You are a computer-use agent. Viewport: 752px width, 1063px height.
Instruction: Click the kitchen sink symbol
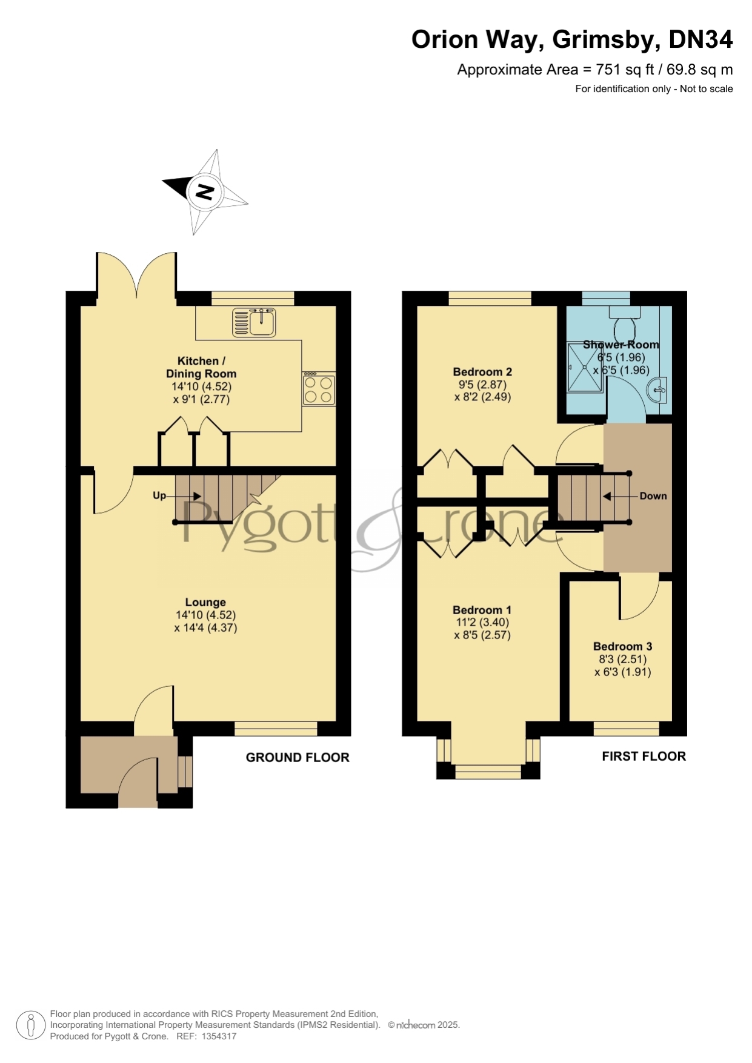click(x=254, y=322)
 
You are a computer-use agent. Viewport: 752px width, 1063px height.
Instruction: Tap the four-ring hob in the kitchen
click(x=318, y=389)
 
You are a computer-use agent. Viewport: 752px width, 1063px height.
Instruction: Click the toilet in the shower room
click(x=625, y=324)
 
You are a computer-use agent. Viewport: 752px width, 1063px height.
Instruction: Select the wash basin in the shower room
click(x=657, y=389)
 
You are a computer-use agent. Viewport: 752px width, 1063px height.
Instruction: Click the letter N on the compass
click(x=205, y=193)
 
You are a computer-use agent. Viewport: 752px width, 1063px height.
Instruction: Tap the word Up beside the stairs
click(x=159, y=495)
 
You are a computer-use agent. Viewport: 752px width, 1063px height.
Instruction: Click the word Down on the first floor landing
click(x=653, y=496)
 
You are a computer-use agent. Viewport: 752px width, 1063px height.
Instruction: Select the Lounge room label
click(x=205, y=602)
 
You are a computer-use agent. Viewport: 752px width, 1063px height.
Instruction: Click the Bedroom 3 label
click(x=623, y=646)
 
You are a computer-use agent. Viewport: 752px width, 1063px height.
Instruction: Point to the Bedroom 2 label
click(x=483, y=372)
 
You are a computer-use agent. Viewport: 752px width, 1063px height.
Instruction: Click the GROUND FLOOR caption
click(x=298, y=758)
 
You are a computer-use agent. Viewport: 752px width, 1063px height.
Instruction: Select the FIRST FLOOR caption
click(x=644, y=757)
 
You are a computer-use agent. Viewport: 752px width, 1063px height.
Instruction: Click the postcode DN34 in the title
click(x=700, y=39)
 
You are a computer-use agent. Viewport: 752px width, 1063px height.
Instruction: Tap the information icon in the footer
click(x=30, y=1025)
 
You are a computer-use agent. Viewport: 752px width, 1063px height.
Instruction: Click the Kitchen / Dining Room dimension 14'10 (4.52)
click(x=202, y=386)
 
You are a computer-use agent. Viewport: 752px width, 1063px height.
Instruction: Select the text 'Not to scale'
click(x=707, y=89)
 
